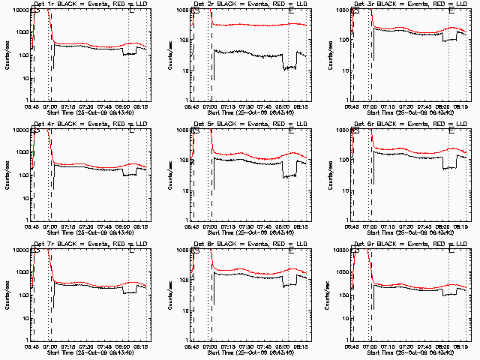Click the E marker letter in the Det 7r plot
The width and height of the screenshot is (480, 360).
coord(132,250)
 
